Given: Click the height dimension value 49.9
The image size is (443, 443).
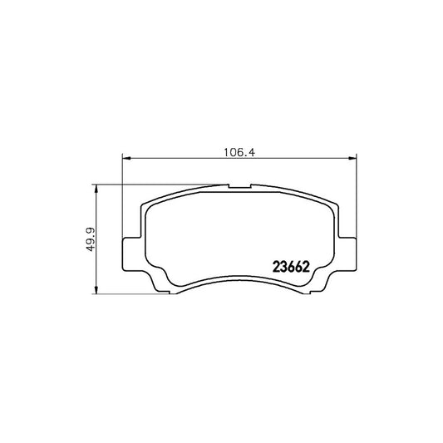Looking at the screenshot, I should tap(86, 238).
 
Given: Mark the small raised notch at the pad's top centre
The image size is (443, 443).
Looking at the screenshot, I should tap(239, 184).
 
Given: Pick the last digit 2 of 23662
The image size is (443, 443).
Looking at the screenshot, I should tap(308, 267).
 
